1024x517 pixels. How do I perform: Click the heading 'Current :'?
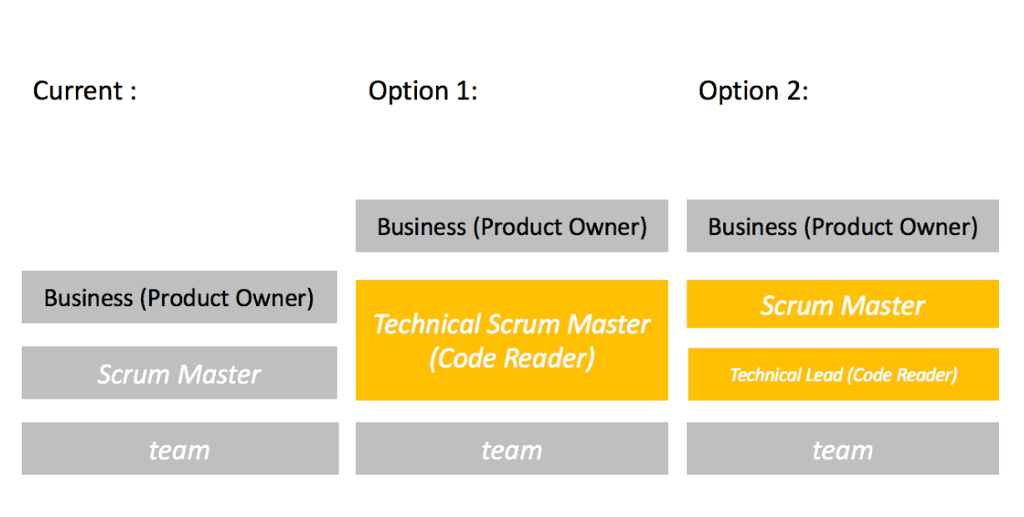pyautogui.click(x=85, y=91)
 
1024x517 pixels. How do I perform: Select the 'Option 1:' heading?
pyautogui.click(x=423, y=91)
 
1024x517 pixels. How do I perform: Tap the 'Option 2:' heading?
pyautogui.click(x=753, y=91)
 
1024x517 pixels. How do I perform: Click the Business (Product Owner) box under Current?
pyautogui.click(x=179, y=297)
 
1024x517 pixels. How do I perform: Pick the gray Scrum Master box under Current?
pyautogui.click(x=179, y=373)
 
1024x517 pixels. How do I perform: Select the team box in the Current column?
pyautogui.click(x=180, y=449)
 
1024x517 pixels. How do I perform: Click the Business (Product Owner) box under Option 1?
pyautogui.click(x=512, y=226)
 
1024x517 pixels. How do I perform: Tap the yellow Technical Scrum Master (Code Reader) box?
pyautogui.click(x=512, y=340)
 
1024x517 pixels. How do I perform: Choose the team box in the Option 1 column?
pyautogui.click(x=512, y=449)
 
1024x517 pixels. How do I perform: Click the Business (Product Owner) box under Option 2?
pyautogui.click(x=842, y=226)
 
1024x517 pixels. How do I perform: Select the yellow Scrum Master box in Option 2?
pyautogui.click(x=842, y=304)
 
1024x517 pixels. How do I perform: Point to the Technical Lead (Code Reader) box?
pyautogui.click(x=843, y=374)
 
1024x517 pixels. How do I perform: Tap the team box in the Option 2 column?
pyautogui.click(x=842, y=449)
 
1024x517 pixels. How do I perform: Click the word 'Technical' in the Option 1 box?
pyautogui.click(x=427, y=324)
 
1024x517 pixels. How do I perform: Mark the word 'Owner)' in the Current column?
pyautogui.click(x=274, y=299)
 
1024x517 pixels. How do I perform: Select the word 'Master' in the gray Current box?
pyautogui.click(x=219, y=374)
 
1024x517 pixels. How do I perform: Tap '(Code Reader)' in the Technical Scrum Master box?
pyautogui.click(x=512, y=358)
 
